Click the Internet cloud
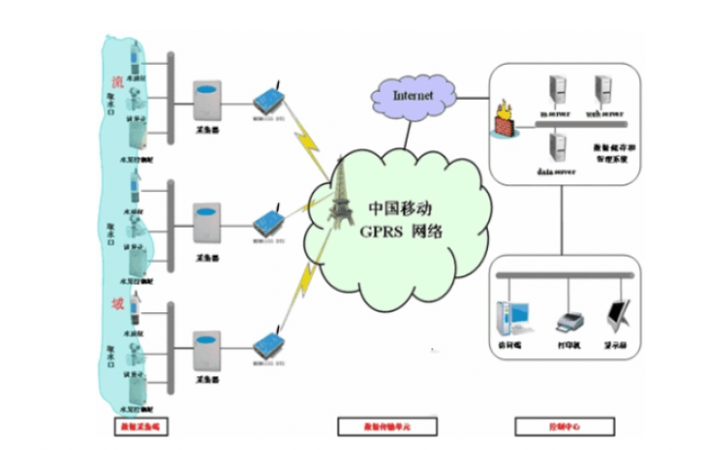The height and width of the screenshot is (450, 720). [x=413, y=93]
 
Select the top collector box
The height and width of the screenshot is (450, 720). [x=208, y=102]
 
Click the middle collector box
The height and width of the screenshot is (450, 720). [x=208, y=225]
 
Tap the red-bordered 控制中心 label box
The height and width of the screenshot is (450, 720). [x=551, y=425]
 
